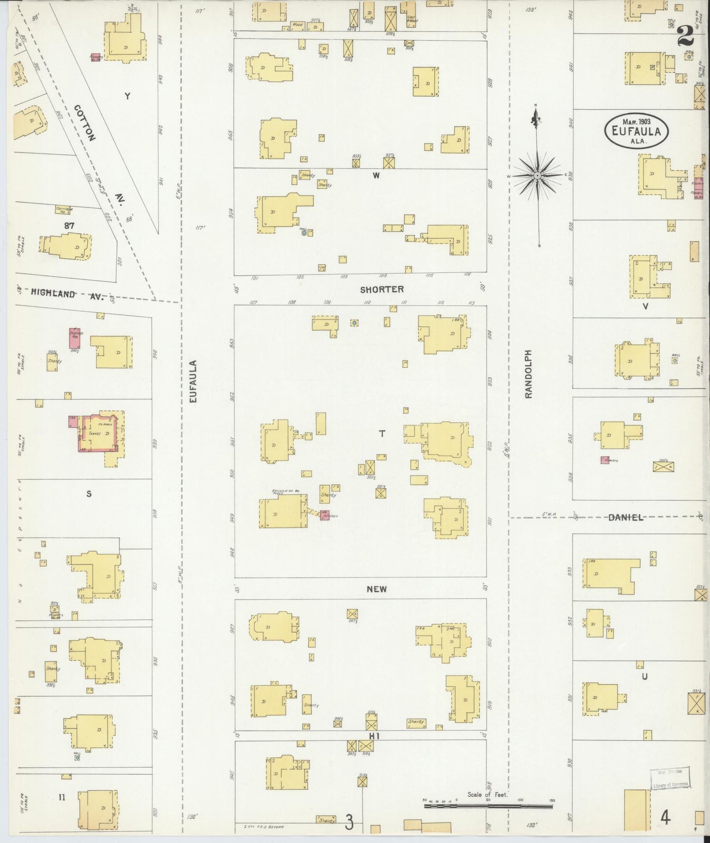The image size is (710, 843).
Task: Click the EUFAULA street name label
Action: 193,382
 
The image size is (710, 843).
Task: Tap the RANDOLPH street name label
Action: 528,374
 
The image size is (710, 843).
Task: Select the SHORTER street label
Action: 382,290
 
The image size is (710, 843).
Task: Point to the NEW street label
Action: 377,589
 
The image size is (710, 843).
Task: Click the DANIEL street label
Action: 625,517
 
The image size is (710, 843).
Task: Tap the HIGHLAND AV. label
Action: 67,294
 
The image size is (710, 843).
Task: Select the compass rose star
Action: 538,175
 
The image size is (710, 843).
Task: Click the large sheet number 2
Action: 685,35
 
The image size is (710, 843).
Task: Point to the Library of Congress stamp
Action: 671,779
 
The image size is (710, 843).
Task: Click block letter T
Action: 382,433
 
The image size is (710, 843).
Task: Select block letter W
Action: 376,176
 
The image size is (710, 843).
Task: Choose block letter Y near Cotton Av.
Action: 127,96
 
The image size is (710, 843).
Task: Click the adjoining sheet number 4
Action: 665,818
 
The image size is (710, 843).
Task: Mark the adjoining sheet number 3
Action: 349,822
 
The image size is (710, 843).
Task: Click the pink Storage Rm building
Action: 75,338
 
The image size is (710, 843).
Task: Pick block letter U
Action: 644,676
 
